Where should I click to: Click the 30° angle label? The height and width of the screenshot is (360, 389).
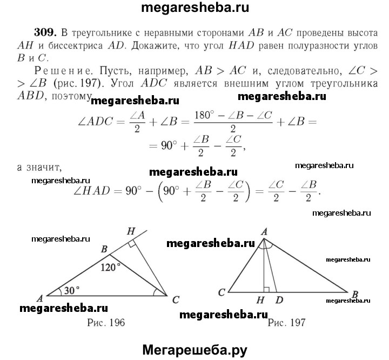pyautogui.click(x=70, y=290)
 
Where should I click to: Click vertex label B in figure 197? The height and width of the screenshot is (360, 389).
pyautogui.click(x=355, y=294)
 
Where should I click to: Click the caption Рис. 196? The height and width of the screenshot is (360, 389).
pyautogui.click(x=106, y=323)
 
